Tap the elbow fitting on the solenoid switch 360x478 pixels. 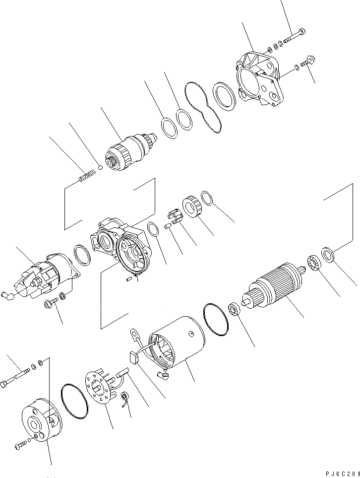20,294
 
